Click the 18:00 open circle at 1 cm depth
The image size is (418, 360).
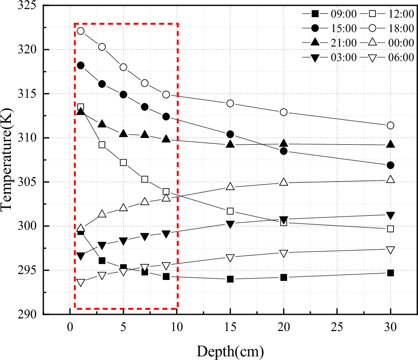tap(80, 31)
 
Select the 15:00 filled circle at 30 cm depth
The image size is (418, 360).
tap(390, 165)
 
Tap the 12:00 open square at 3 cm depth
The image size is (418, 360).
tap(102, 145)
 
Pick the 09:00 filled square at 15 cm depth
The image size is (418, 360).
tap(230, 279)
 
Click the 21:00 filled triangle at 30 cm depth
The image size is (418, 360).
tap(390, 144)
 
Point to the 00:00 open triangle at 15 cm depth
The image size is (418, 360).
tap(230, 186)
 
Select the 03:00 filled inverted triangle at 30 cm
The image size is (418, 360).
tap(390, 215)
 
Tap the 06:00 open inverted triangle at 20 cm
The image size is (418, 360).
tap(283, 253)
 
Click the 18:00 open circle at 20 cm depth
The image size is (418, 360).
tap(283, 112)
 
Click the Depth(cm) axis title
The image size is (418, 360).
tap(230, 350)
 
